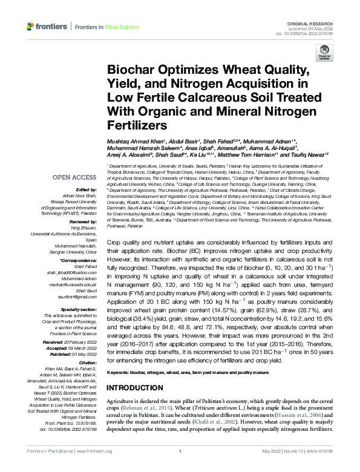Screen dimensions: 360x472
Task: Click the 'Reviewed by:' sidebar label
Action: (84, 221)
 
